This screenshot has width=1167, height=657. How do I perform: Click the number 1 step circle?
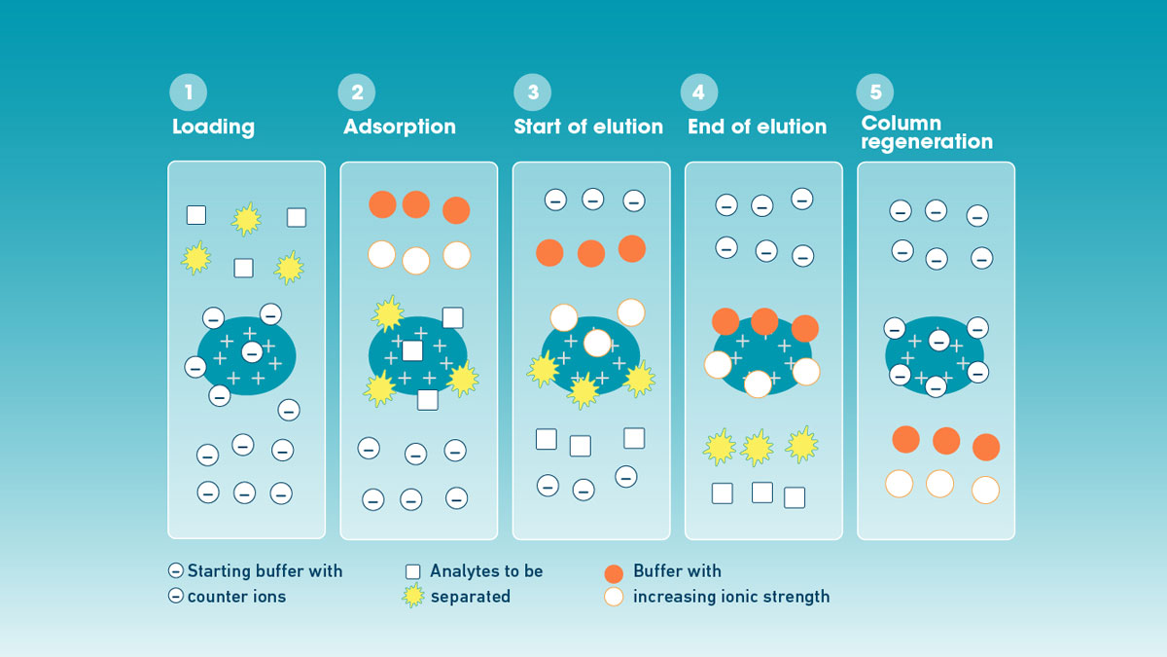click(189, 92)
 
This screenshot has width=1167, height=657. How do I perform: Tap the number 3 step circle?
click(533, 92)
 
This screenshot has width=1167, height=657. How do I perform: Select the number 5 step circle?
click(875, 92)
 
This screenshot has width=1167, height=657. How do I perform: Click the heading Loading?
click(213, 127)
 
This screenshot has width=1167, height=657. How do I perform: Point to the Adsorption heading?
click(400, 127)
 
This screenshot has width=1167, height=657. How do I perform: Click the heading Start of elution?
click(588, 127)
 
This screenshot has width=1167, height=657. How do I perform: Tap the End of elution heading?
click(757, 127)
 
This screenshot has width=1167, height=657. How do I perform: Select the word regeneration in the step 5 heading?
click(927, 142)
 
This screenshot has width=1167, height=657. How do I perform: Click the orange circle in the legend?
click(613, 572)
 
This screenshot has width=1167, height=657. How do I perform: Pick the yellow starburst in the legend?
click(413, 596)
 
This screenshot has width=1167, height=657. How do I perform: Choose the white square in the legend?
click(413, 572)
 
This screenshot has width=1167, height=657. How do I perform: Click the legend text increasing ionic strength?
click(731, 597)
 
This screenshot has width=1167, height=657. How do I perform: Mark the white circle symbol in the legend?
click(613, 597)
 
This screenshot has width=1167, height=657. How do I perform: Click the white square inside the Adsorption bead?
click(412, 350)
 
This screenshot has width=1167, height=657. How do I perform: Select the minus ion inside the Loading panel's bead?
click(251, 351)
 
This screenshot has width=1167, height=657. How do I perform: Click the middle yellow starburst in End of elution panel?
click(758, 448)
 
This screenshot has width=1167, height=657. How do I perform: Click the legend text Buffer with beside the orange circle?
click(677, 571)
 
